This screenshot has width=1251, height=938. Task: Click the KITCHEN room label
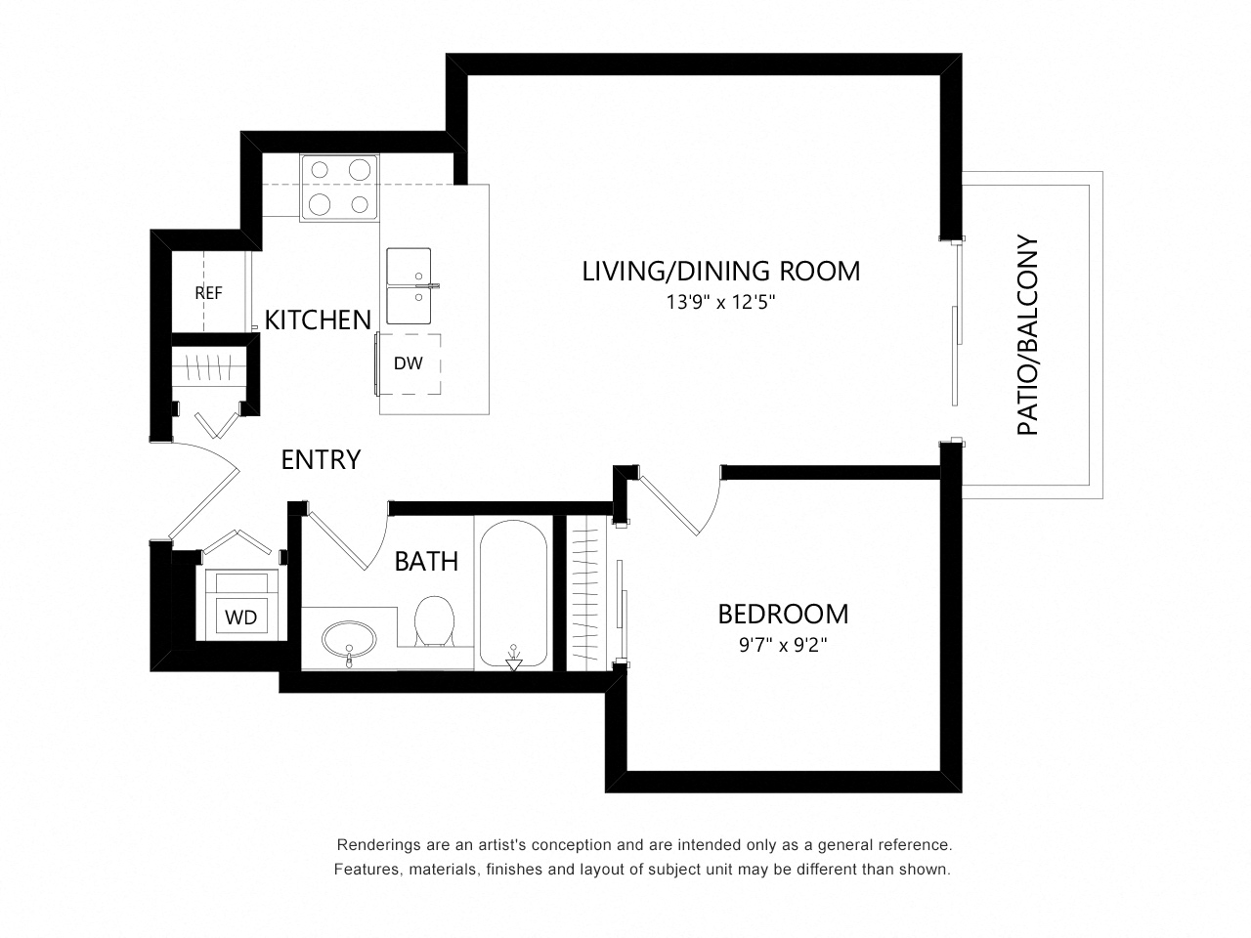coord(318,320)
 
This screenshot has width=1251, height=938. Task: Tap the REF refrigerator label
coord(208,293)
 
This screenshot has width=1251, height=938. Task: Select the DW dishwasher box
coord(409,363)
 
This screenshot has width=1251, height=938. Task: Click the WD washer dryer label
coord(241,617)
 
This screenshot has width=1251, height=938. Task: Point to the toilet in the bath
coord(434,621)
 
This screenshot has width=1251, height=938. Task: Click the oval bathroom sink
coord(349,638)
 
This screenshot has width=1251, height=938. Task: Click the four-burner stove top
coord(340,187)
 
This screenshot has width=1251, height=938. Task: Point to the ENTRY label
coord(321,459)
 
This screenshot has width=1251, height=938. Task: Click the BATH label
coord(426,562)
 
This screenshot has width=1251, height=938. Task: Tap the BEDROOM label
coord(783,614)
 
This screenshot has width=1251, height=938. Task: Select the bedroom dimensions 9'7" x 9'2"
coord(783,645)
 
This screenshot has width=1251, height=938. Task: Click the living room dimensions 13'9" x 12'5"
coord(721,302)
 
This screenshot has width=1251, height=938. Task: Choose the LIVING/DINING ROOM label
coord(721,271)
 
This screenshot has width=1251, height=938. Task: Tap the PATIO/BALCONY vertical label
coord(1028,335)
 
